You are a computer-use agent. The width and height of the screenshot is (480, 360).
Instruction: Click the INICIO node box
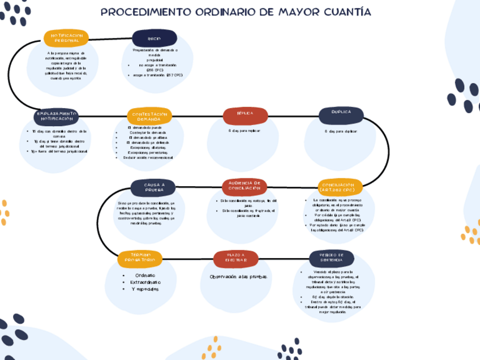[154, 38]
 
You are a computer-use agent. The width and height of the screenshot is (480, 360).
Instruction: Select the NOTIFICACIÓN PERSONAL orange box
[66, 38]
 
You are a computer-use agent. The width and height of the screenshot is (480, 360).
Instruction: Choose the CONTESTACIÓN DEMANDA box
[149, 116]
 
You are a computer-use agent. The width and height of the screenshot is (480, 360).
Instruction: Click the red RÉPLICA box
[245, 115]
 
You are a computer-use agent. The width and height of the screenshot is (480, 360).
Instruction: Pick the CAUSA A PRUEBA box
[154, 187]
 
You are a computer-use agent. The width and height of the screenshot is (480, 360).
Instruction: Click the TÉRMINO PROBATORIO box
[140, 259]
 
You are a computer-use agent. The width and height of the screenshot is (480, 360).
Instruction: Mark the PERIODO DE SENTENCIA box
[331, 259]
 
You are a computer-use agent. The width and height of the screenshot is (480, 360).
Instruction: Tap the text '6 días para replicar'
[245, 131]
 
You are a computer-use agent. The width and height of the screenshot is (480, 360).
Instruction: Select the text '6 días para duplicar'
[341, 131]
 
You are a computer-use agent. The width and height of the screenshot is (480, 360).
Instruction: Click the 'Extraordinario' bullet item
[145, 282]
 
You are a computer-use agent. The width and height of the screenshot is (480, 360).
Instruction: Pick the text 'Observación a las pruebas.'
[238, 276]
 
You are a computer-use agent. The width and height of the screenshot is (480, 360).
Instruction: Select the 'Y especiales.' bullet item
[145, 289]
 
